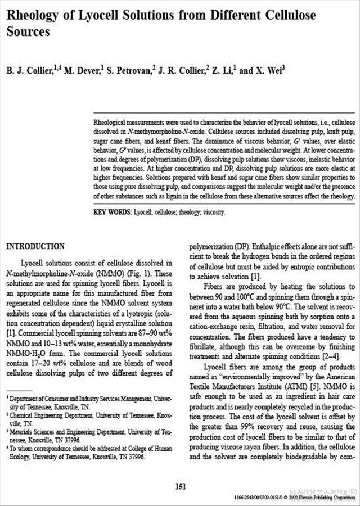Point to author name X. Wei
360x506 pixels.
click(272, 70)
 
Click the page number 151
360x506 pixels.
click(180, 486)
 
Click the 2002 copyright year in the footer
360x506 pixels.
click(308, 498)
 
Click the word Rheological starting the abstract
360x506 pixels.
click(112, 122)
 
